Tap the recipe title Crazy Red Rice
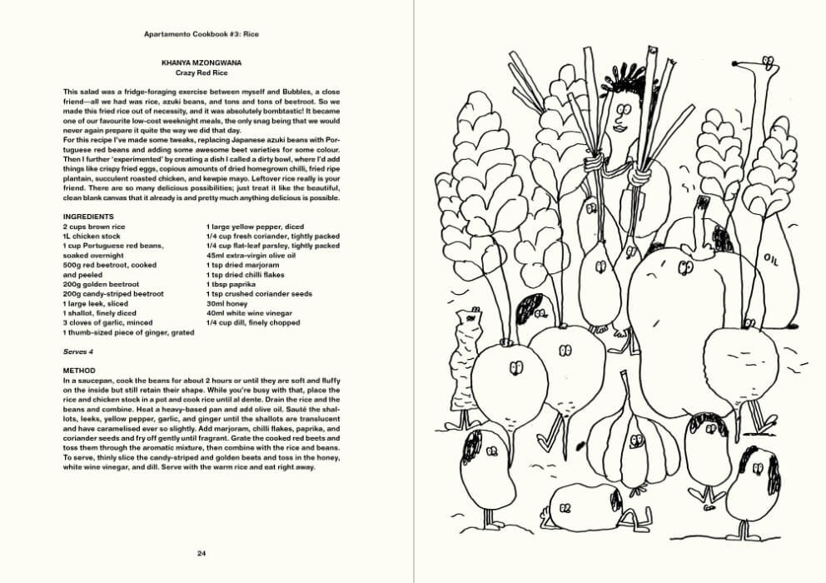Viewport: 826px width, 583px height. click(x=202, y=72)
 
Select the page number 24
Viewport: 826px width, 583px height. click(x=202, y=553)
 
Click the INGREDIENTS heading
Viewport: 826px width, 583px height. click(x=88, y=217)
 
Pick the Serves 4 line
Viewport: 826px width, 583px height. click(x=80, y=351)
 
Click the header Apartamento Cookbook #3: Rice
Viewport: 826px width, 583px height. click(x=202, y=35)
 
